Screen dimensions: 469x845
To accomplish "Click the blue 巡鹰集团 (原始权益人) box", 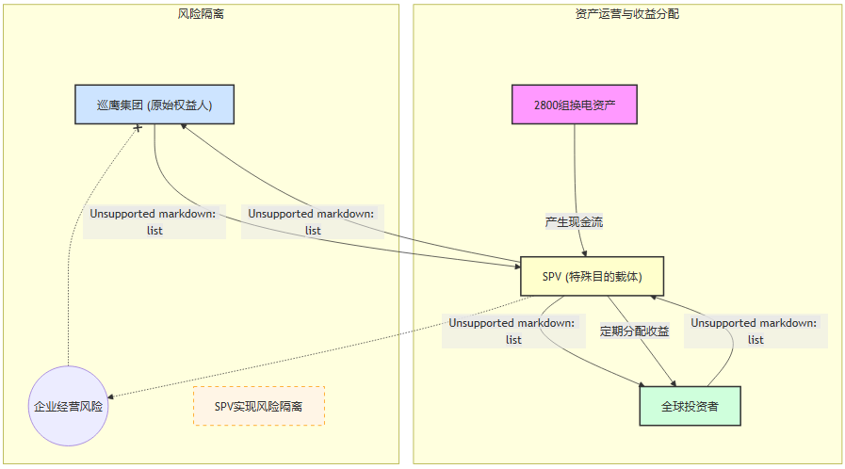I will coord(154,105).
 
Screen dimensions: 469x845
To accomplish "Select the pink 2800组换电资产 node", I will coord(575,105).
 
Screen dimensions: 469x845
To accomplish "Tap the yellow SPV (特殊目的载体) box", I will coord(593,277).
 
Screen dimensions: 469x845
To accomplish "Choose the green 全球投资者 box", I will coord(690,407).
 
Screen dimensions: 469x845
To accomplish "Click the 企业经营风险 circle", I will coord(69,407).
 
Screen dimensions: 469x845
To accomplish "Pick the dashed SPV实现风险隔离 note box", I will coord(258,407).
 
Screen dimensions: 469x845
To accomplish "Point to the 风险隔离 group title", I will coord(201,14).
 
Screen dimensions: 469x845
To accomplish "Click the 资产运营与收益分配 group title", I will coord(626,14).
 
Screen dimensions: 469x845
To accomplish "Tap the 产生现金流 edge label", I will coord(574,222).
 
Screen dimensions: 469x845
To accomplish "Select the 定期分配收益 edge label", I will coord(635,331).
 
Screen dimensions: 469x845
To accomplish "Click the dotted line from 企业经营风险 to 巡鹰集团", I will coord(85,245).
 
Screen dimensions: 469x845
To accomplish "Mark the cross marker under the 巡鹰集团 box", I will coord(138,127).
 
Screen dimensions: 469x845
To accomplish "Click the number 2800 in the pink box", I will coord(547,105).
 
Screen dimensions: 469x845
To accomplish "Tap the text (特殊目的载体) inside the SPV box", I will coord(610,277).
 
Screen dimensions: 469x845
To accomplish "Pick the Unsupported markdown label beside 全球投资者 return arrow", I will coord(756,331).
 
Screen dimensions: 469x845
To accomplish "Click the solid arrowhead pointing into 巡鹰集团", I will coord(184,128).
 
